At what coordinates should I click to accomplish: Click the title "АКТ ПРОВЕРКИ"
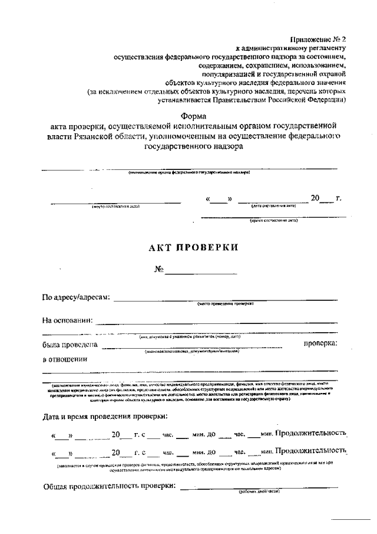[193, 247]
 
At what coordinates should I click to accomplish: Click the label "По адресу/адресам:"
[76, 297]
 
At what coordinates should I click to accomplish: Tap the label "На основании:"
[67, 320]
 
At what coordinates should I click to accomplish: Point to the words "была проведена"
[70, 344]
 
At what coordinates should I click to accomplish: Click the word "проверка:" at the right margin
[320, 343]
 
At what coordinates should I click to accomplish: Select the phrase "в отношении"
[65, 359]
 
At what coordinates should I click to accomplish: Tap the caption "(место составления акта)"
[115, 207]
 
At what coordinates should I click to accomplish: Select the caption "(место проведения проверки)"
[225, 304]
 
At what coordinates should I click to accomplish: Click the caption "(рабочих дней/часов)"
[259, 492]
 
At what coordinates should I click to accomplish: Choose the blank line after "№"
[201, 273]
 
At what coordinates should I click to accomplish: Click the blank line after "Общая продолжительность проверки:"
[259, 487]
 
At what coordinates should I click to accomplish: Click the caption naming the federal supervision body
[189, 172]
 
